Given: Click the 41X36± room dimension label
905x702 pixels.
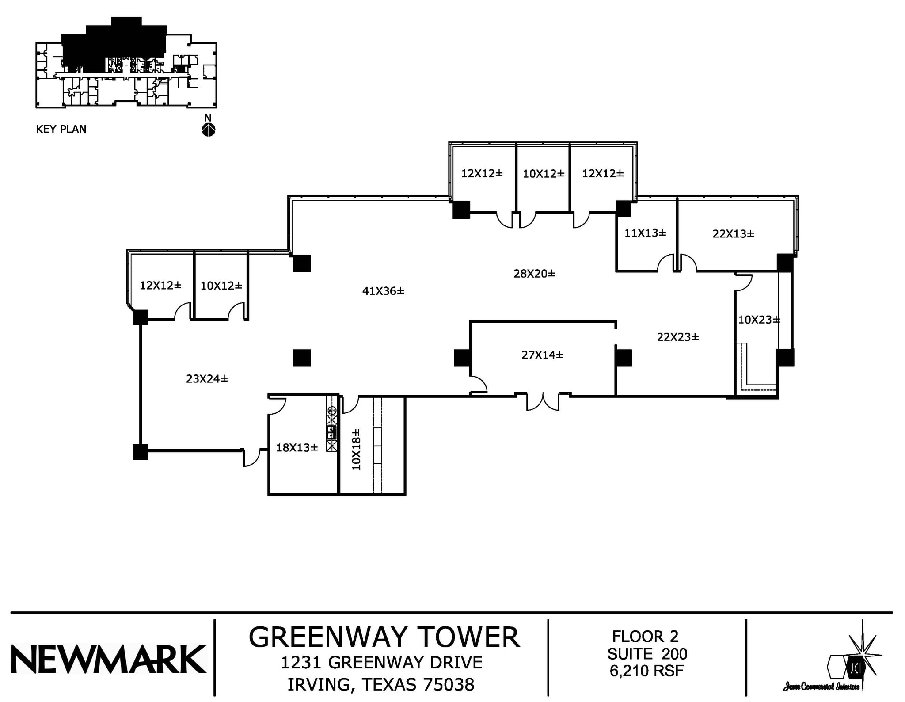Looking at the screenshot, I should pyautogui.click(x=383, y=291).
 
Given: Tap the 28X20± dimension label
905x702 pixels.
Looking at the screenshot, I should pyautogui.click(x=534, y=274).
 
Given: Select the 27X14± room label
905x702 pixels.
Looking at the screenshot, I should pyautogui.click(x=542, y=355).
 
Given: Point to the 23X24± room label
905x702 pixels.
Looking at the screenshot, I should pyautogui.click(x=207, y=379).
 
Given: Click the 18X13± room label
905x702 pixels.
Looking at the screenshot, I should pyautogui.click(x=297, y=448).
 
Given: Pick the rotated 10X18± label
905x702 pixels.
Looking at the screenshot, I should pyautogui.click(x=356, y=449).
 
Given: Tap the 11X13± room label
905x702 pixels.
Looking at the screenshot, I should pyautogui.click(x=645, y=233).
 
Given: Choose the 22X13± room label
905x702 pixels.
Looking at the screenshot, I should pyautogui.click(x=733, y=234).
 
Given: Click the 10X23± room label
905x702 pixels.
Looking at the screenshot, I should pyautogui.click(x=758, y=320).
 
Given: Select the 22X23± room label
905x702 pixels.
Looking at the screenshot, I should pyautogui.click(x=678, y=337).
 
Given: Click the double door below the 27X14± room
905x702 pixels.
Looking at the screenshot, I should pyautogui.click(x=543, y=402).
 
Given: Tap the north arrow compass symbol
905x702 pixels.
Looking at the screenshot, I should pyautogui.click(x=208, y=130).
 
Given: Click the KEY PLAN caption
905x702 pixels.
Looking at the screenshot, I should pyautogui.click(x=61, y=129).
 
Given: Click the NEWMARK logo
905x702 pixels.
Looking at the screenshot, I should pyautogui.click(x=108, y=659).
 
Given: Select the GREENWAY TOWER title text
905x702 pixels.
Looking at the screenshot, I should pyautogui.click(x=384, y=637).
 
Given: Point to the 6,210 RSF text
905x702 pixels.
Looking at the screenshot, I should pyautogui.click(x=646, y=671).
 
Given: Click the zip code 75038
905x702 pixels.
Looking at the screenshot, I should pyautogui.click(x=449, y=685).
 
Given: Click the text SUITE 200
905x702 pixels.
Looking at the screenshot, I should pyautogui.click(x=647, y=654).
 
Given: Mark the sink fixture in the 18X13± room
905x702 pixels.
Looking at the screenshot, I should pyautogui.click(x=331, y=432).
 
